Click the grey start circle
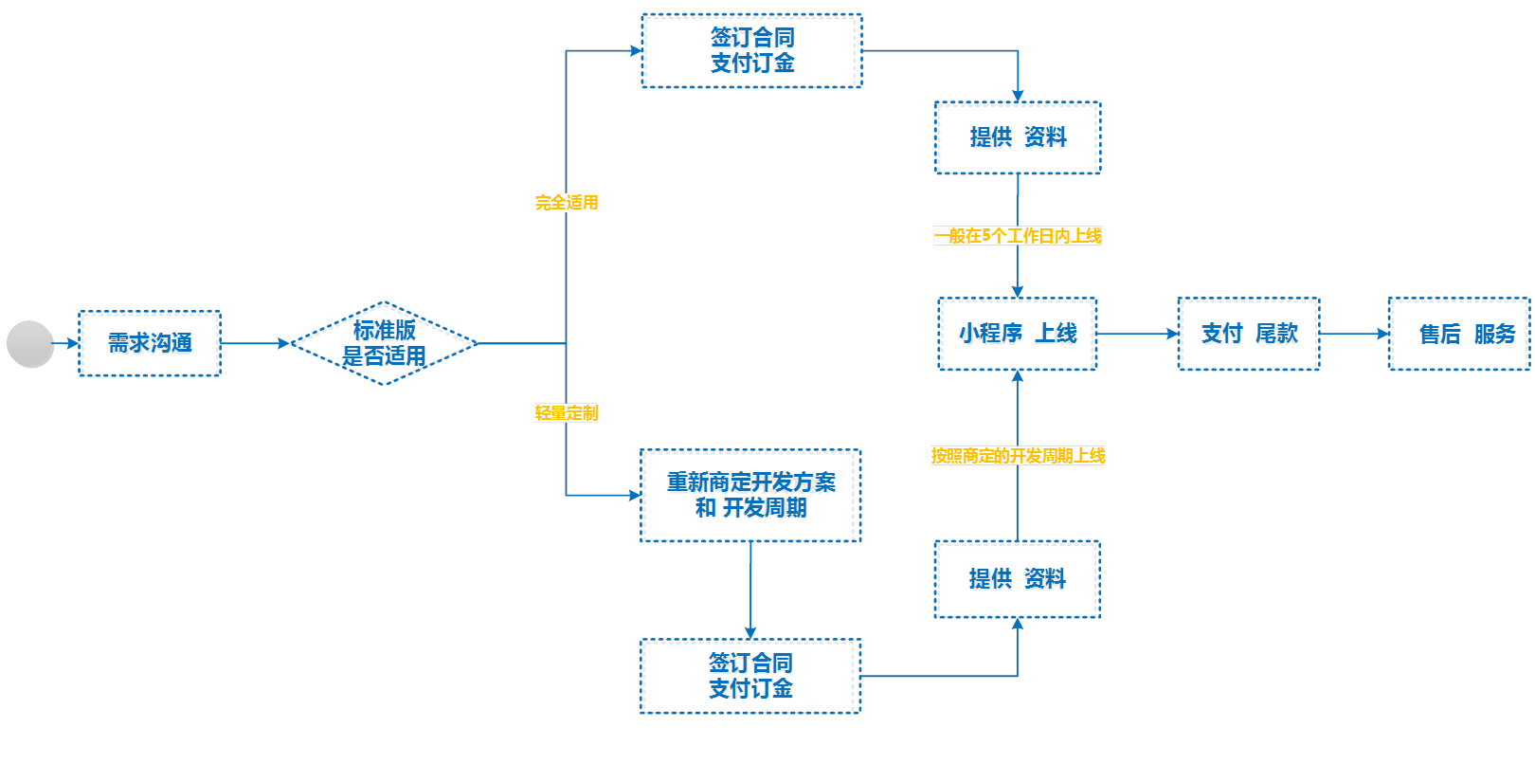pos(29,343)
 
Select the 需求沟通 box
pos(150,343)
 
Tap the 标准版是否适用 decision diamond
pos(384,343)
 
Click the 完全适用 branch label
pos(566,203)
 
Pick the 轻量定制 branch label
pos(566,413)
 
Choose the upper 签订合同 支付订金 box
pos(752,51)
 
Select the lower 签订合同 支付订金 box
pos(750,676)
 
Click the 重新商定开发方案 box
pos(750,496)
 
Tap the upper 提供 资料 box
pos(1018,137)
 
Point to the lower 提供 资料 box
pos(1018,579)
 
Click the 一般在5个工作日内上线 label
pos(1018,236)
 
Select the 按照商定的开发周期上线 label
pos(1018,456)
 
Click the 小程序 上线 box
pos(1018,334)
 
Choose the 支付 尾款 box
pos(1249,334)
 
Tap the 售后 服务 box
pos(1459,334)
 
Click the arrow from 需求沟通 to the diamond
pos(255,343)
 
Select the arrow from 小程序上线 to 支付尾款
pos(1137,334)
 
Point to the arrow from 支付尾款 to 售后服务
pos(1354,334)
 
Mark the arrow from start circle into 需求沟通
pos(65,343)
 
